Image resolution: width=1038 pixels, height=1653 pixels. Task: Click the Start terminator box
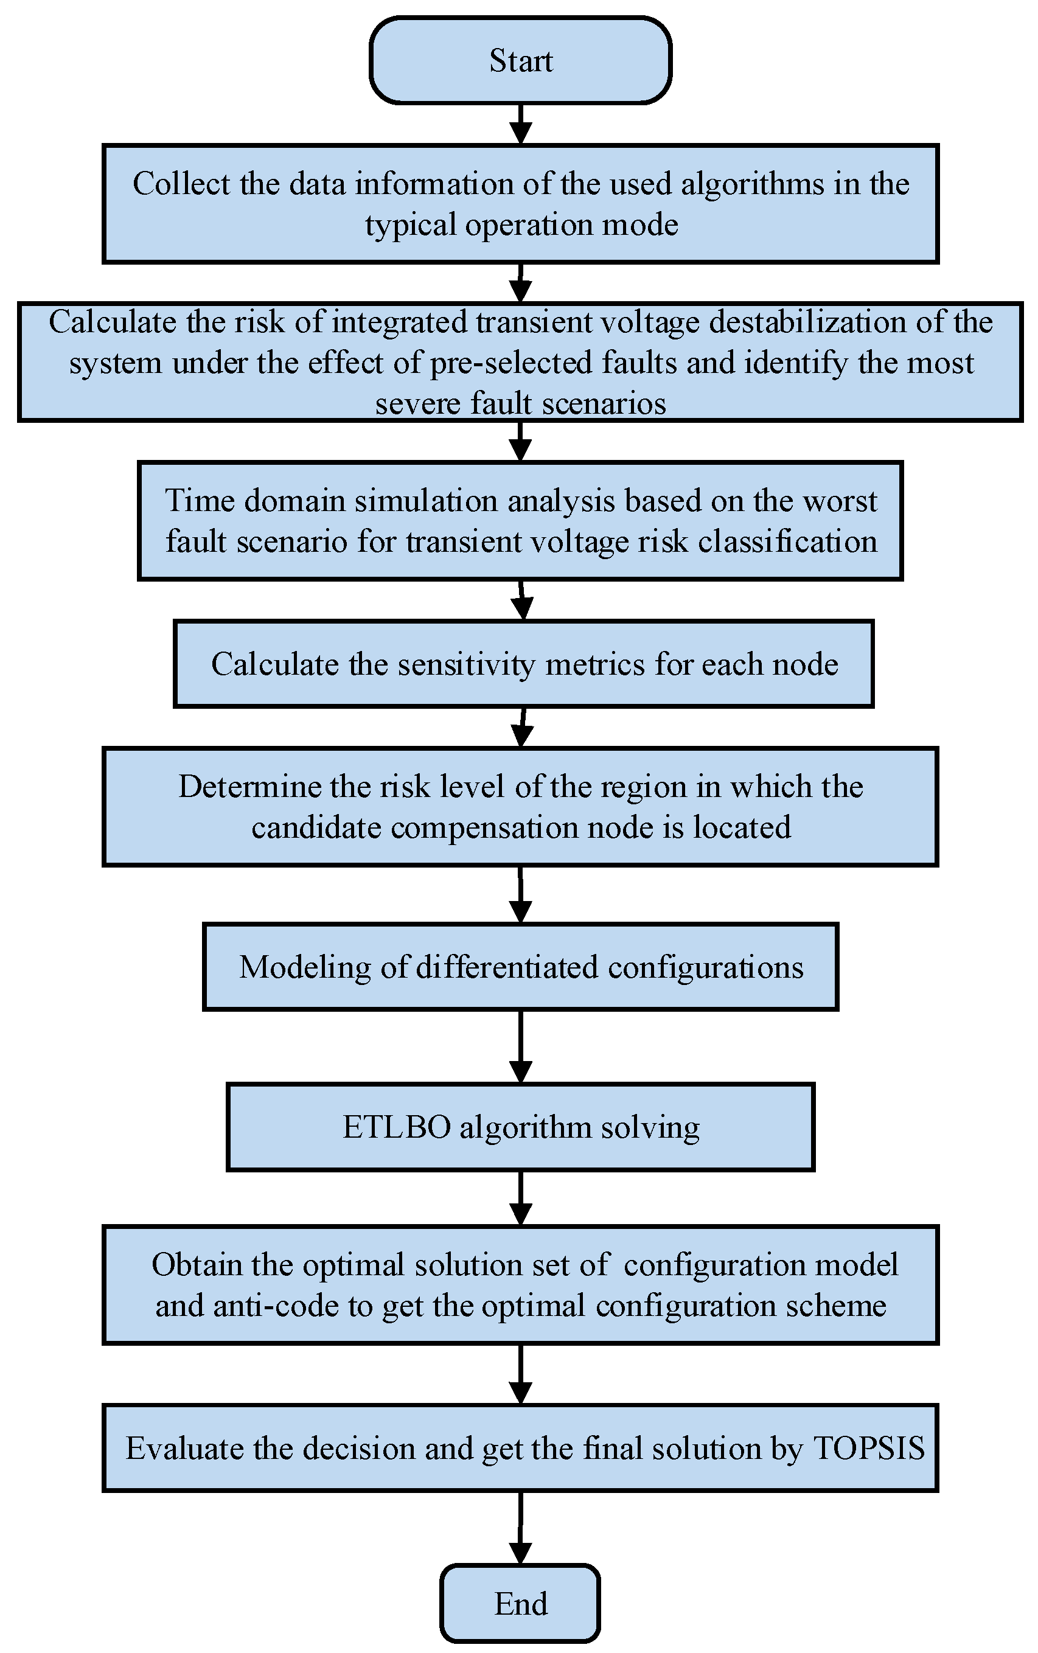pos(520,60)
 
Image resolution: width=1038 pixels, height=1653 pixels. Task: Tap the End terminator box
pos(520,1604)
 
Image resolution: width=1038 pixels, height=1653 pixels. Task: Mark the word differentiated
pos(507,967)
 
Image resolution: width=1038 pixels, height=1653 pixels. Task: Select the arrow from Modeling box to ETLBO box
pos(520,1046)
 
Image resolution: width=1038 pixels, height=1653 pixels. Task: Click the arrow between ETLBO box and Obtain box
pos(520,1198)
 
